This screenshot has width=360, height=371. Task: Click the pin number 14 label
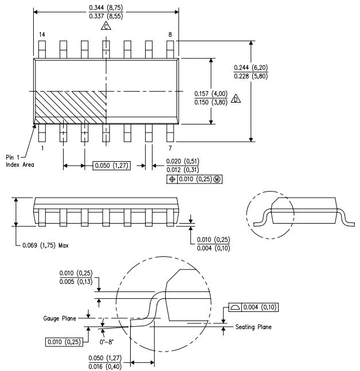point(42,35)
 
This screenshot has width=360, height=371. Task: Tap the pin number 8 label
point(170,35)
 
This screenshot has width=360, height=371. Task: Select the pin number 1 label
point(42,148)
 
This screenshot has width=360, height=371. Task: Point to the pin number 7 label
point(170,149)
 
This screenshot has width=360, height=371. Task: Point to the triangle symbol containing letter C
point(105,26)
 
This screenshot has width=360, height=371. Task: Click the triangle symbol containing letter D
point(236,100)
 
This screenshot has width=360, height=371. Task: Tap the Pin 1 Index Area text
point(20,161)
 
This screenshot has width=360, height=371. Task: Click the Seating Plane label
point(253,327)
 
